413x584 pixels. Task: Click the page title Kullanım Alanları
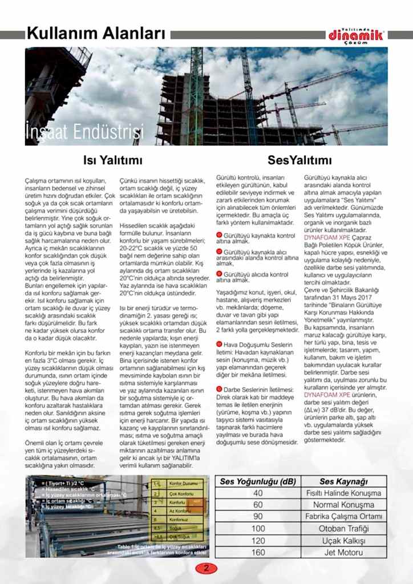tap(95, 34)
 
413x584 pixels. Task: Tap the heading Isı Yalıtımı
tap(113, 161)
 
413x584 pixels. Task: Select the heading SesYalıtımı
tap(299, 161)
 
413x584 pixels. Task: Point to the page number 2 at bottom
tap(206, 567)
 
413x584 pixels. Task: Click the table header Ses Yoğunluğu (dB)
tap(258, 481)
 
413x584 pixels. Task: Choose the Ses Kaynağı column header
tap(343, 481)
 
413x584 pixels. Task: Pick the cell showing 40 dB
tap(258, 493)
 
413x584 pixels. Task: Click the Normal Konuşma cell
tap(343, 505)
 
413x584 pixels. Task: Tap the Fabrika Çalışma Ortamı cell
tap(343, 517)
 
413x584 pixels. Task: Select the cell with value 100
tap(258, 529)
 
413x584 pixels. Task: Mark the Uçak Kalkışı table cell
tap(343, 541)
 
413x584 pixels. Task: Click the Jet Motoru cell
tap(343, 553)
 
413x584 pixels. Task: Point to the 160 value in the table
tap(258, 553)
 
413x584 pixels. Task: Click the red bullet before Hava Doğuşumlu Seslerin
tap(220, 344)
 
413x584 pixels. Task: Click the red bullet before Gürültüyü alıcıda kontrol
tap(220, 274)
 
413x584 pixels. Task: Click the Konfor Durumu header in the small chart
tap(184, 484)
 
